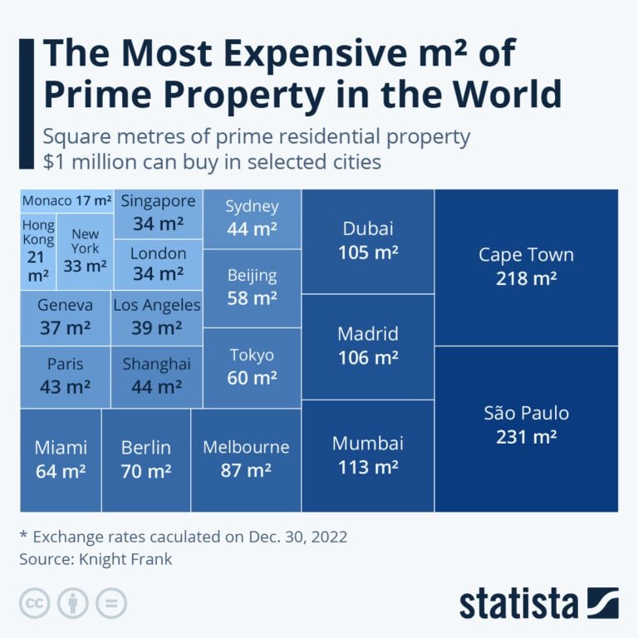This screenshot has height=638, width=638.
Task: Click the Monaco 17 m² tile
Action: pos(66,201)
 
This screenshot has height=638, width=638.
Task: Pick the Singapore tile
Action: pos(158,213)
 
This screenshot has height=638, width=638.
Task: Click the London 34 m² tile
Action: pos(158,264)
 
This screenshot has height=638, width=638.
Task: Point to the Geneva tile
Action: pos(65,317)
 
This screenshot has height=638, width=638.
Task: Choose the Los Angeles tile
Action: pos(157,317)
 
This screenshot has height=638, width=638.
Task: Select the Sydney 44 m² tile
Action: pos(252,218)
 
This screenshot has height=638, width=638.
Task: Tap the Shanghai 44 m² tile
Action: pos(157,375)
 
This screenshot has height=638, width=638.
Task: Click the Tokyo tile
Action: pos(252,366)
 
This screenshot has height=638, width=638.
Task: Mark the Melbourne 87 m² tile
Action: pos(246,459)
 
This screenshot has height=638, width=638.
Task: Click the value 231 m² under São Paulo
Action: pos(526,437)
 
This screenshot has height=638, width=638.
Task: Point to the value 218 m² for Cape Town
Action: pos(526,279)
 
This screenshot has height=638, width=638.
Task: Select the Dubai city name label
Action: pos(367,229)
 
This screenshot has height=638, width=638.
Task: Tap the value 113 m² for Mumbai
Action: pos(367,467)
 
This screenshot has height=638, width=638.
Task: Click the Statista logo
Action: pos(538,603)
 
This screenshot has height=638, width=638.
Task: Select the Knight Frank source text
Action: pos(125,559)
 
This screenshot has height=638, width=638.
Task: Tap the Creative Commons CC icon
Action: pos(35,603)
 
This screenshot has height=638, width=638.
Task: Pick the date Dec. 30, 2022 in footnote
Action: pos(297,537)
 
